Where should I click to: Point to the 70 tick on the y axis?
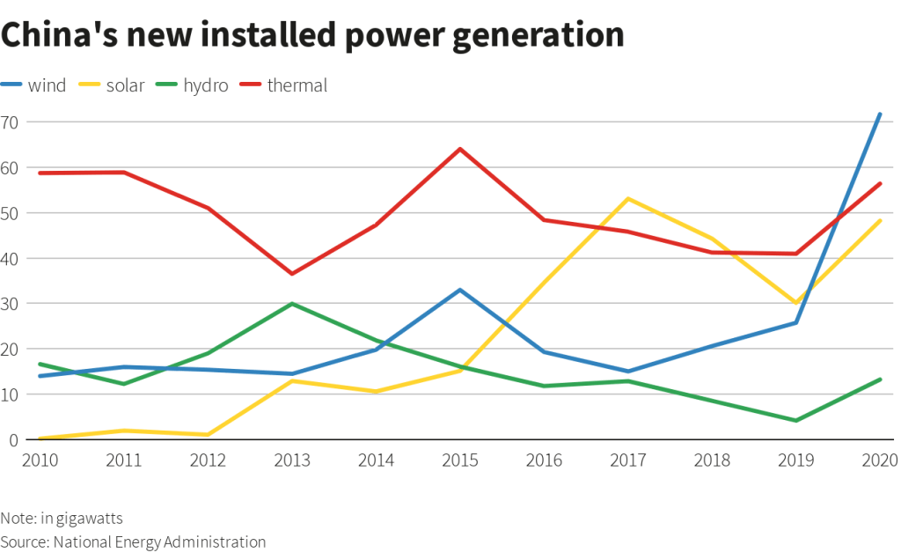(x=10, y=122)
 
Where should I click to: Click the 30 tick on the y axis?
(x=10, y=304)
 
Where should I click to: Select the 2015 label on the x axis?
(x=460, y=461)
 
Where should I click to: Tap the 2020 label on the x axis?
(x=878, y=461)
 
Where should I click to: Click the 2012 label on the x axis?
(x=209, y=461)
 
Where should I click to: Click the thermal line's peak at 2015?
(x=460, y=149)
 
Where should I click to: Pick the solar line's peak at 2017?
(x=628, y=198)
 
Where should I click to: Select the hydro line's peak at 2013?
(x=292, y=304)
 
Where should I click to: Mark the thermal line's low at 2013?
(x=292, y=274)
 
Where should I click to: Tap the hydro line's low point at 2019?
(x=796, y=421)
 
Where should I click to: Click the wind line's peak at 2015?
(x=460, y=290)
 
